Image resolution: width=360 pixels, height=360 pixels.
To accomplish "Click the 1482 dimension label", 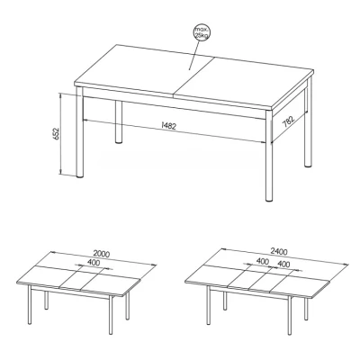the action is coord(168,126).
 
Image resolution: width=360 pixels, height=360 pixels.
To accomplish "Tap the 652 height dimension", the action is coord(56,133).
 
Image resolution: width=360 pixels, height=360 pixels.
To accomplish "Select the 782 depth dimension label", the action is coord(289,121).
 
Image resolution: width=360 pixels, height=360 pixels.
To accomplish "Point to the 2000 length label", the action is coord(101,254).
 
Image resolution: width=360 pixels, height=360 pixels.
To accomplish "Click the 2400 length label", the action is coord(279,252).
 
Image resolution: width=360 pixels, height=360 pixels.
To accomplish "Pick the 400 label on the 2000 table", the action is coord(94,263).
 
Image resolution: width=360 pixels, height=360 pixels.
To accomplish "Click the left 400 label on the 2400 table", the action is coord(263,261).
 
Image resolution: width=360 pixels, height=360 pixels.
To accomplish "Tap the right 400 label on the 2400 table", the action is coord(283,264).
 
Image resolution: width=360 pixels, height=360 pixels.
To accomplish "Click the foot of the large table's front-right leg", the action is coord(269,199).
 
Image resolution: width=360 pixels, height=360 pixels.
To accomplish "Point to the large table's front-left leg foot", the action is coord(79,176).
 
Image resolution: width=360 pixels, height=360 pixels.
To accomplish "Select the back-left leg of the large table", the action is coord(119,121).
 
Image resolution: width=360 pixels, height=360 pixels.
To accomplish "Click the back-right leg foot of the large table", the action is coord(308,165).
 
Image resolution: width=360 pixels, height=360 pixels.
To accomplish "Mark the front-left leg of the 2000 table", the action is coord(30,304).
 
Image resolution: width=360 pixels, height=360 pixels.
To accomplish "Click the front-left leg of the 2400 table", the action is coord(208,305).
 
